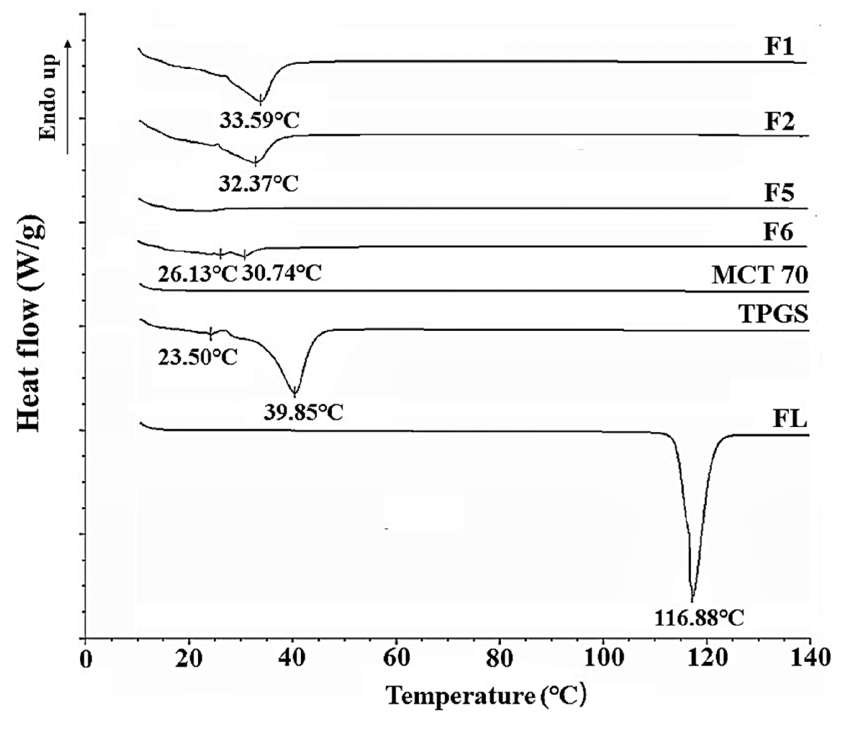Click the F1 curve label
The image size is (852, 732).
tap(779, 47)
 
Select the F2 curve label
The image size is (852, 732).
tap(780, 121)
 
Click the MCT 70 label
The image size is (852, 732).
tap(760, 275)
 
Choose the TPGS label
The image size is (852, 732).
tap(773, 314)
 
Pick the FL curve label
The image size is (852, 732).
tap(790, 419)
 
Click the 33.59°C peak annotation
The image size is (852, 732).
tap(259, 120)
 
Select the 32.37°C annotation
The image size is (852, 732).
tap(258, 184)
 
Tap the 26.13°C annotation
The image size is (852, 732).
tap(197, 273)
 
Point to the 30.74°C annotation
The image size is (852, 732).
tap(281, 273)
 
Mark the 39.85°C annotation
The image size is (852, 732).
tap(303, 412)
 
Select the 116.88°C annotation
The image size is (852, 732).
tap(699, 618)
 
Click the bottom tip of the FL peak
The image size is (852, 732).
tap(692, 599)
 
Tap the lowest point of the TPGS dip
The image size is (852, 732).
tap(294, 395)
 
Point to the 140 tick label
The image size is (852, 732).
tap(810, 659)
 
